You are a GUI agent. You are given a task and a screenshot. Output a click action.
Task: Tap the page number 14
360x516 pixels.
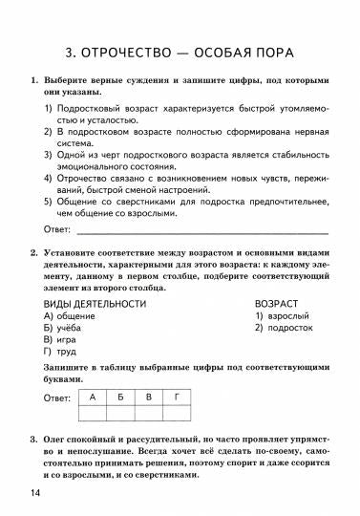click(x=35, y=492)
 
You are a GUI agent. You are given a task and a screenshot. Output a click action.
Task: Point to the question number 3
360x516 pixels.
click(x=34, y=439)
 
